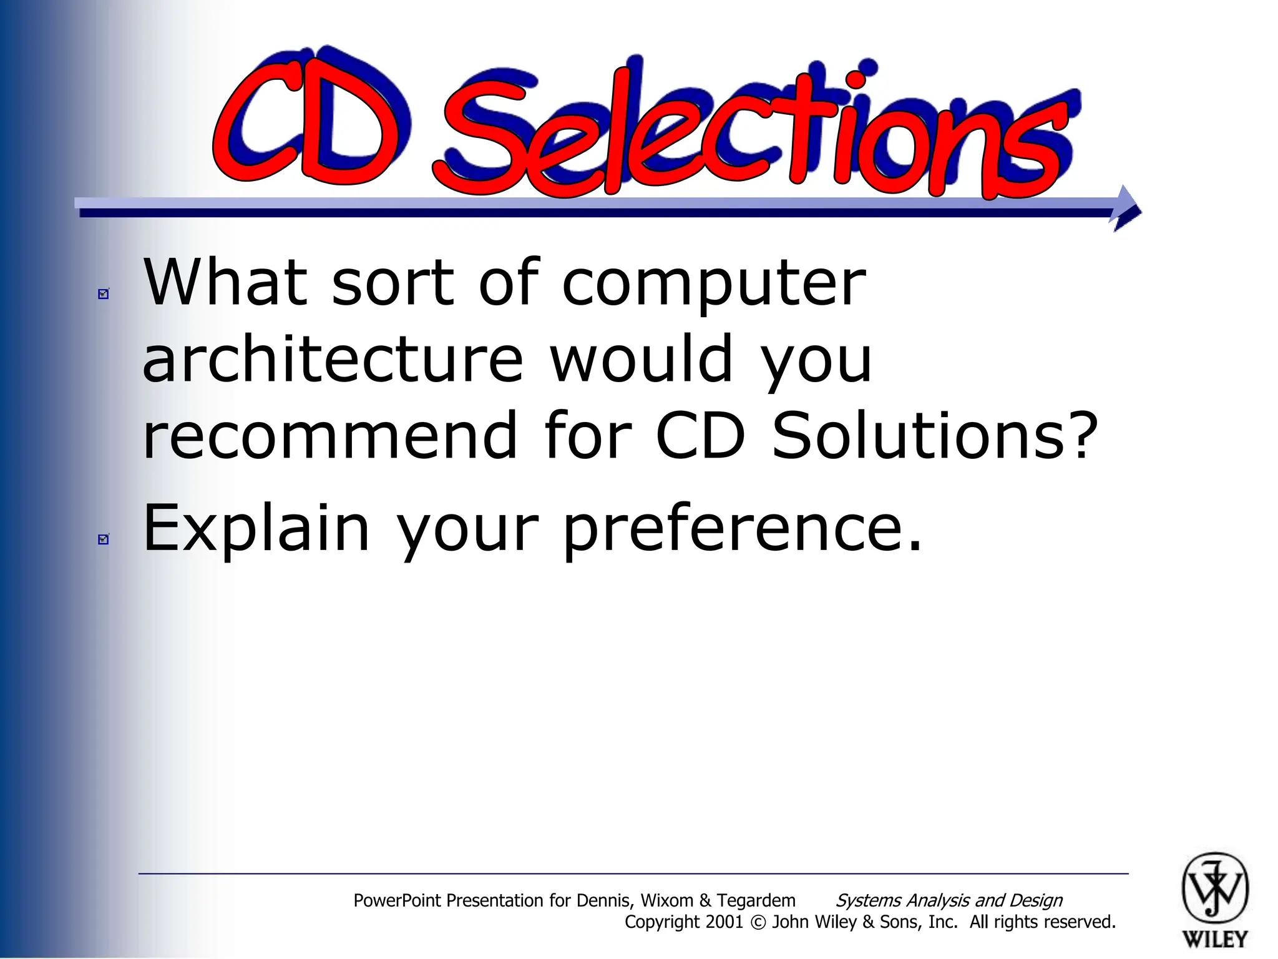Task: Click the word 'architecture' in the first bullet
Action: click(332, 359)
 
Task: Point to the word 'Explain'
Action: click(256, 529)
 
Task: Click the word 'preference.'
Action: click(742, 529)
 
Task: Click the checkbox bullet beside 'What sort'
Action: click(104, 293)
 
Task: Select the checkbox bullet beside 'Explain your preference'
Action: click(104, 539)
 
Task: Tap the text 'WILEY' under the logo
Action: click(1214, 939)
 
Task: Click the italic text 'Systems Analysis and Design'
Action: click(949, 900)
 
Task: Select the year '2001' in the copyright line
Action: click(724, 922)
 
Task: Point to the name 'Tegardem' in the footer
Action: click(756, 900)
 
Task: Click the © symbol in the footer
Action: click(758, 923)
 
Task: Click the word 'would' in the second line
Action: click(640, 359)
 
